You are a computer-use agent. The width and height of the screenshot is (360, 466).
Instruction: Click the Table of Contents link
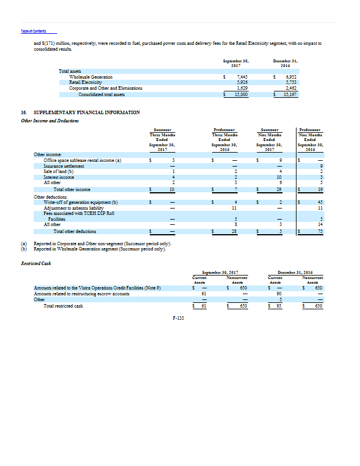[x=34, y=31]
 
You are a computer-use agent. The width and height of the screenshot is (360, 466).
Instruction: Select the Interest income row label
[x=58, y=176]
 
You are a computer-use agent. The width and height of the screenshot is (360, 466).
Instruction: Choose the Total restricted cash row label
[x=62, y=305]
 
